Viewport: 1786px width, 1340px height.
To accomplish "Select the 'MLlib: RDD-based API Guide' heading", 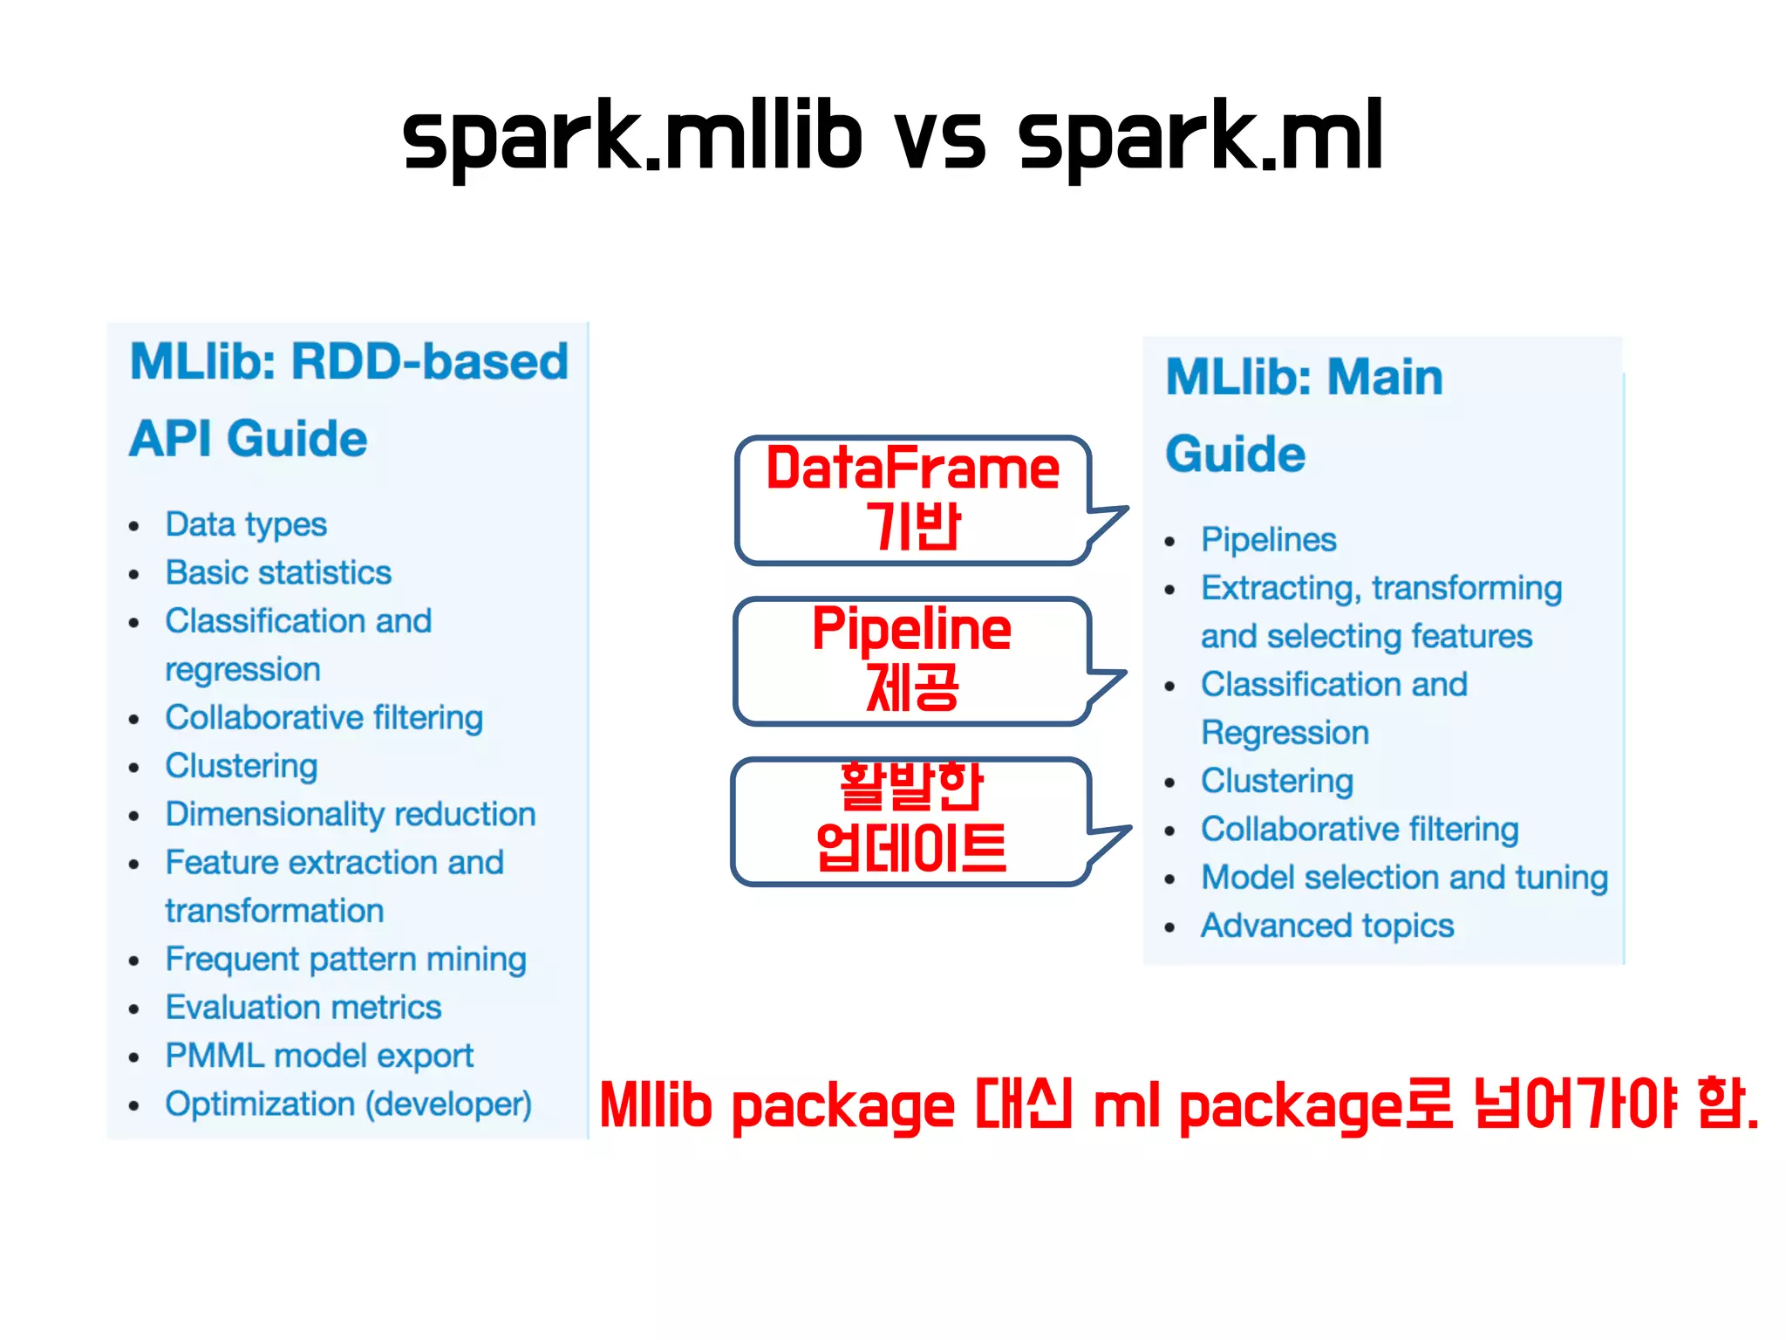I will [x=349, y=399].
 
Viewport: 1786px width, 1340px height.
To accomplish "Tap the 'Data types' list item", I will [x=246, y=524].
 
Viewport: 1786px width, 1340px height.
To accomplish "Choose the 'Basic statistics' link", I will [x=278, y=573].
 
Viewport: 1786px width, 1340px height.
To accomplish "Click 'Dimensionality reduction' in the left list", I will [x=351, y=814].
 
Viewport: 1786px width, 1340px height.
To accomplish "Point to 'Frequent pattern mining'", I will [x=345, y=959].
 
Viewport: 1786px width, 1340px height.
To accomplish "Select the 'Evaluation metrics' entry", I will [x=303, y=1008].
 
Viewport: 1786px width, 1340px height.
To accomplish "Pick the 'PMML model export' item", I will [x=319, y=1056].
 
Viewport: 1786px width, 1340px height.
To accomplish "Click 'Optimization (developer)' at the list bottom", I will [x=348, y=1104].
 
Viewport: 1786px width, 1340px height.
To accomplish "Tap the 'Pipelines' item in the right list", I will [x=1268, y=540].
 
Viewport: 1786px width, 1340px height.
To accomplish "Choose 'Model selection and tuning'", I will [x=1404, y=878].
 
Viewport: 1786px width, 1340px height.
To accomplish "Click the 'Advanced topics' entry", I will [x=1327, y=926].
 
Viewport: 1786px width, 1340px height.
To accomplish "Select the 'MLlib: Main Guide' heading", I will [x=1304, y=414].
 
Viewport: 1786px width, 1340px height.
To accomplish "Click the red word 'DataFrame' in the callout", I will [x=912, y=468].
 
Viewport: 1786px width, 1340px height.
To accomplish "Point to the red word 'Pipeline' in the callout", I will [x=911, y=629].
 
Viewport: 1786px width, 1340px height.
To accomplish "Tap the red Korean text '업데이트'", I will [x=911, y=848].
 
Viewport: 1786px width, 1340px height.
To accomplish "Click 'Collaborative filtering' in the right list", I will [x=1360, y=829].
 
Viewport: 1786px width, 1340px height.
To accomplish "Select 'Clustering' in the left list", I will [x=242, y=766].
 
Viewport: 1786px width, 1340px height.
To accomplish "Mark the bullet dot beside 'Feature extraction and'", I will [x=133, y=865].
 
